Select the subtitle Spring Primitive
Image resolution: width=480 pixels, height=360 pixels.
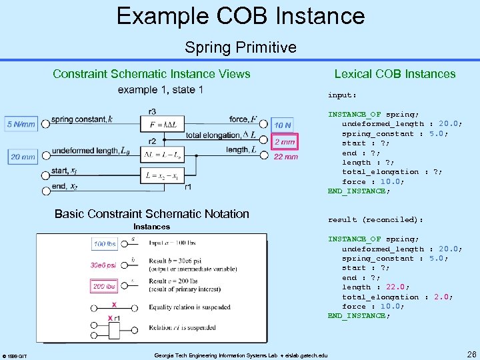[240, 47]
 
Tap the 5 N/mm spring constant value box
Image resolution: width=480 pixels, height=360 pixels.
[21, 124]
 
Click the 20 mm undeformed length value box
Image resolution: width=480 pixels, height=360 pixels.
[23, 157]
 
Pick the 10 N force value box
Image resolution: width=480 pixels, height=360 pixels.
[283, 125]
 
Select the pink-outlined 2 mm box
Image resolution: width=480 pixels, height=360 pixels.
[285, 142]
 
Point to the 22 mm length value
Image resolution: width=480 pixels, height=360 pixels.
[286, 157]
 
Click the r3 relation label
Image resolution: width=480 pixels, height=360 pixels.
[153, 111]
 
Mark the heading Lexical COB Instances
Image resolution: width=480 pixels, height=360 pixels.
[395, 74]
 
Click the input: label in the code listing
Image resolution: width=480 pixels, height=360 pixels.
[342, 95]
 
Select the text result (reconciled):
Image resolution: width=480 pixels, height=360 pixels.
[375, 219]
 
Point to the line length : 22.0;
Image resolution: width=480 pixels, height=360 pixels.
[375, 287]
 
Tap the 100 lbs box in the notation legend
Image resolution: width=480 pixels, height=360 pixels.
[105, 244]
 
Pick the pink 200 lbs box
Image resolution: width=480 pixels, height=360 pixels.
[104, 286]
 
